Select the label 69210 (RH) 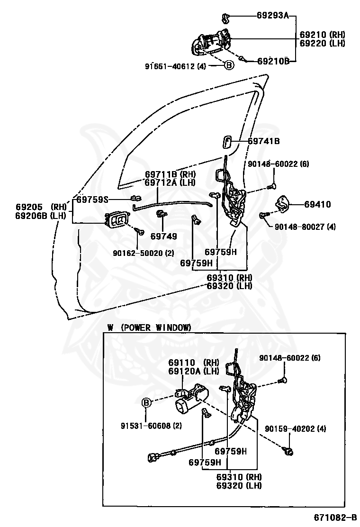pos(323,35)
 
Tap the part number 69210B pos(273,61)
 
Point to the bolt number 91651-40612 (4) pos(175,66)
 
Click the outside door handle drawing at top pos(210,43)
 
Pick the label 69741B pos(264,141)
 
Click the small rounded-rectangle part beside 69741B pos(226,141)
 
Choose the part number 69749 pos(163,236)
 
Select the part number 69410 pos(317,205)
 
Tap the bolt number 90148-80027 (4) pos(305,227)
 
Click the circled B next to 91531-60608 pos(147,403)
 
